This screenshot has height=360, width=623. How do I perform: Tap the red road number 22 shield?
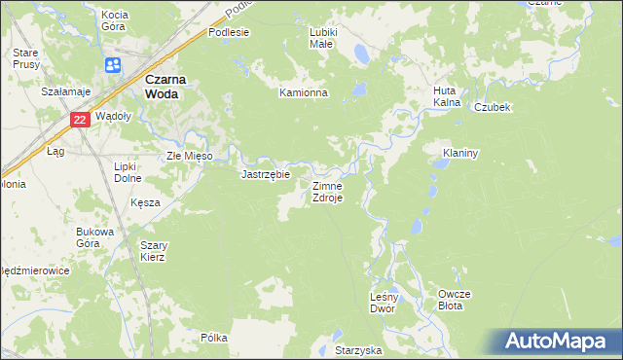pyautogui.click(x=80, y=120)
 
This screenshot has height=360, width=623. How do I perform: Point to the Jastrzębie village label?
pyautogui.click(x=266, y=175)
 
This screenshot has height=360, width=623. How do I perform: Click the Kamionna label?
pyautogui.click(x=304, y=93)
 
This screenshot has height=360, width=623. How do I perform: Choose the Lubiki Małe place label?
pyautogui.click(x=322, y=38)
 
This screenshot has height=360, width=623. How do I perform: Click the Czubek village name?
pyautogui.click(x=493, y=107)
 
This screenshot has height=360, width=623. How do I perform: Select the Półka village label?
pyautogui.click(x=213, y=338)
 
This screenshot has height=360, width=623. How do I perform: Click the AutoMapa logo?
pyautogui.click(x=560, y=341)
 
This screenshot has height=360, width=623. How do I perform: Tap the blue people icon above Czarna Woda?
pyautogui.click(x=113, y=64)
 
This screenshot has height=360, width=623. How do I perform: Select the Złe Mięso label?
pyautogui.click(x=196, y=155)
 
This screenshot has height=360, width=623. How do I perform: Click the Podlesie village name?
pyautogui.click(x=229, y=32)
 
